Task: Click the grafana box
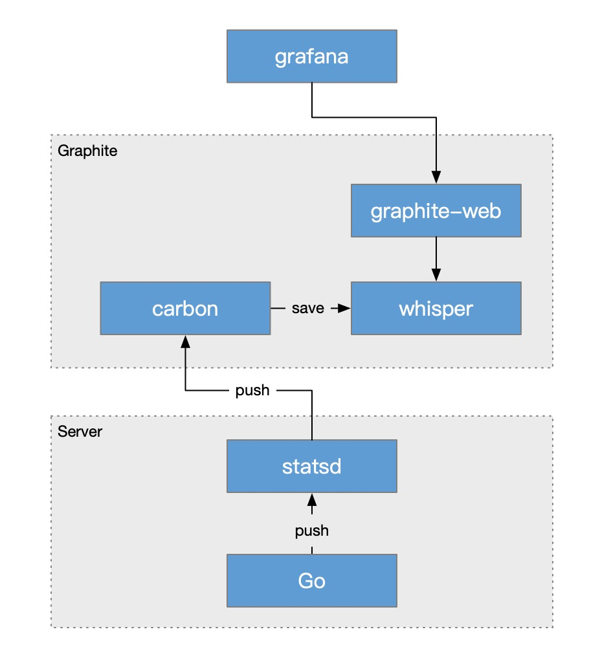(x=311, y=56)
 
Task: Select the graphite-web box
(x=436, y=211)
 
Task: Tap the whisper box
(x=436, y=308)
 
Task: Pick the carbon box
(x=185, y=308)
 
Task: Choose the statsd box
(x=311, y=466)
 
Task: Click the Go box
(x=311, y=580)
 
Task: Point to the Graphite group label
(x=87, y=151)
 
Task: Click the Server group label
(x=80, y=432)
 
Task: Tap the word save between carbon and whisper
(x=307, y=308)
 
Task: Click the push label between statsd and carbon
(x=252, y=391)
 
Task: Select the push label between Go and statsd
(x=311, y=531)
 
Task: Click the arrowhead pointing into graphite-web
(x=436, y=177)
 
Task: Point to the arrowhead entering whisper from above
(x=436, y=275)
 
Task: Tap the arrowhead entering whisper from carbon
(x=344, y=308)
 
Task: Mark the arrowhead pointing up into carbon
(x=185, y=342)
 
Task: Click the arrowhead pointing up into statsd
(x=312, y=499)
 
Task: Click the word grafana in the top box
(x=311, y=57)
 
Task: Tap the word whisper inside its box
(x=436, y=309)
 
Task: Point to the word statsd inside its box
(x=311, y=466)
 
